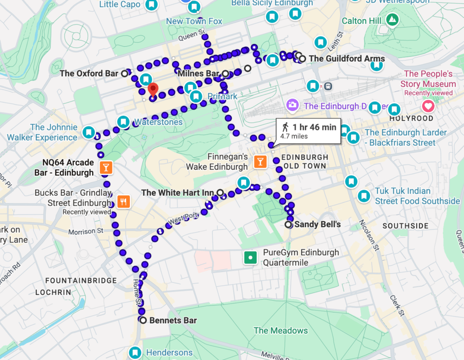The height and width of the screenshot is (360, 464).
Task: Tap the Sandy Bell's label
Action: tap(317, 224)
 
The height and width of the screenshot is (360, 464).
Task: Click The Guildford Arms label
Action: tap(347, 58)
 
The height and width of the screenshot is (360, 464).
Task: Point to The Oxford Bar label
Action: tap(89, 73)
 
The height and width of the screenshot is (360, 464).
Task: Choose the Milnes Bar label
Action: tap(199, 73)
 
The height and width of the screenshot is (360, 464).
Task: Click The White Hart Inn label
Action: tap(177, 193)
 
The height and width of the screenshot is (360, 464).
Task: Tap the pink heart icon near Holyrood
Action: tap(428, 107)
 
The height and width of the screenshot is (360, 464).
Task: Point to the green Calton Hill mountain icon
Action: tap(392, 20)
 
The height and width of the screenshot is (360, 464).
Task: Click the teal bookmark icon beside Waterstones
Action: tap(123, 122)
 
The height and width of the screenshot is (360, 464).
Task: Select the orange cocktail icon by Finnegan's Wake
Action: tap(260, 161)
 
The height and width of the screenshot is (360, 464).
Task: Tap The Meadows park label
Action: tap(280, 331)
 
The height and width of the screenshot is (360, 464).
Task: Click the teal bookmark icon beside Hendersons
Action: tap(135, 352)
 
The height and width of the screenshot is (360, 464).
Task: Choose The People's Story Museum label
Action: tap(428, 79)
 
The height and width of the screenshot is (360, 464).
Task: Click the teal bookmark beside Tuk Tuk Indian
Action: tap(363, 196)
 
